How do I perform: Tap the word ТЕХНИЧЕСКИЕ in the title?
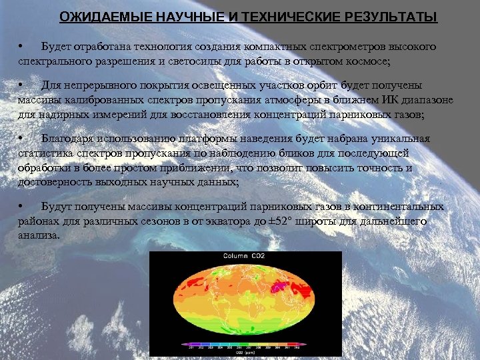coord(271,17)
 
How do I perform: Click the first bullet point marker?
coord(21,46)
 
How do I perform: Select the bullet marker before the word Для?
coord(21,86)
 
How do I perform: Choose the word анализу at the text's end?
coord(39,235)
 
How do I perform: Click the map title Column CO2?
coord(244,256)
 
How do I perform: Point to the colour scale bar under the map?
coord(245,344)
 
